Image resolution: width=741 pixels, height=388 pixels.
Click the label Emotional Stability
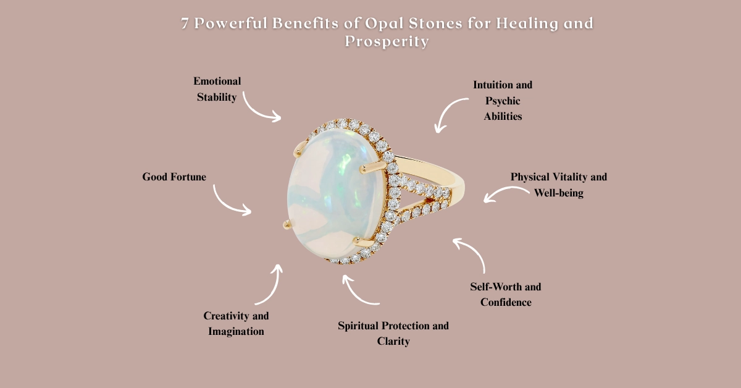pyautogui.click(x=217, y=89)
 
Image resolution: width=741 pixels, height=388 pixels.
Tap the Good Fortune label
pyautogui.click(x=174, y=177)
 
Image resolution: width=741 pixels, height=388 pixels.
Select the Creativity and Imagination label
pyautogui.click(x=236, y=323)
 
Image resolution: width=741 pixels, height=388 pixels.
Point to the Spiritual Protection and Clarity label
pyautogui.click(x=393, y=333)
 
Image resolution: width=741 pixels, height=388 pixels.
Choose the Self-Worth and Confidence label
pyautogui.click(x=506, y=295)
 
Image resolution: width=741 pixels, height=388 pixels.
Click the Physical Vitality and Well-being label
pyautogui.click(x=558, y=185)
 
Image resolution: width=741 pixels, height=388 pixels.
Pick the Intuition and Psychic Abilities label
pyautogui.click(x=503, y=100)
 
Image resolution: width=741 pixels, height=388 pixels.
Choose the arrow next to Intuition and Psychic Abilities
pyautogui.click(x=449, y=116)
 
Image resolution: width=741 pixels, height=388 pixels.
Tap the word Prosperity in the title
pyautogui.click(x=387, y=41)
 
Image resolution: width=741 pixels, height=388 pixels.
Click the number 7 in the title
pyautogui.click(x=185, y=24)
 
